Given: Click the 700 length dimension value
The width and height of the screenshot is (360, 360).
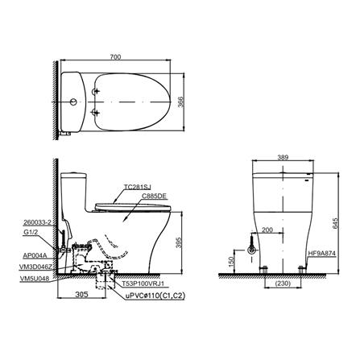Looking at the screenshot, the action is tap(115, 57).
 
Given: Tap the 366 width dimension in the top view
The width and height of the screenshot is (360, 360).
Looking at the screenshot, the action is tap(181, 102).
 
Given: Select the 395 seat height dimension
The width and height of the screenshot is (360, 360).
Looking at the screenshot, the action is tap(180, 242).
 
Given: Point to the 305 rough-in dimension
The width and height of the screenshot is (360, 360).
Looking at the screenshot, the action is tap(81, 294).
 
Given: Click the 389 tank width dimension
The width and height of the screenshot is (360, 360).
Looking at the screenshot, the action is tap(283, 158).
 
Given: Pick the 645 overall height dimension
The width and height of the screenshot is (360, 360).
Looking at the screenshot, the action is tap(335, 223).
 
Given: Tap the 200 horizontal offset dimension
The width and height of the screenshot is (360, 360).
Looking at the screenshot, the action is tap(267, 230).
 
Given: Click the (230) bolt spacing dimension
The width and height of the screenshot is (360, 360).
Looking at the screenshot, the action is tap(283, 283).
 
